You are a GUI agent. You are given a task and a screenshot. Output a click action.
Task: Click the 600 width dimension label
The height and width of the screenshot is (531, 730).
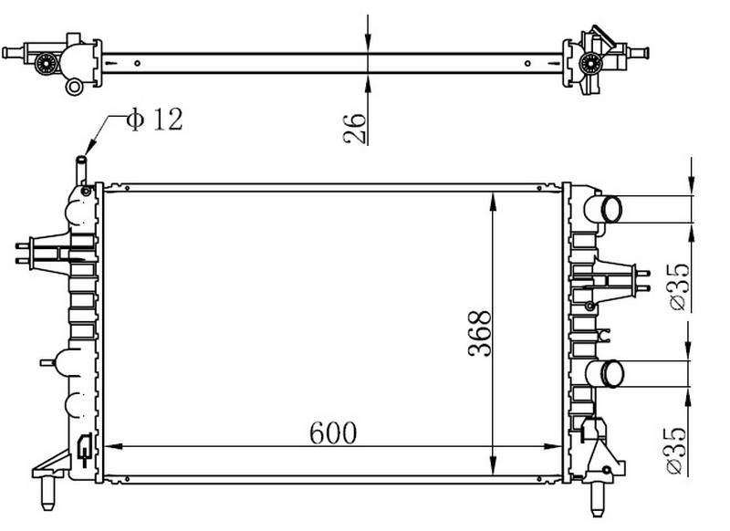[x=333, y=432]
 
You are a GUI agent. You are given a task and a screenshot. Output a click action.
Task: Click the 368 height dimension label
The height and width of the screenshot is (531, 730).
[x=480, y=333]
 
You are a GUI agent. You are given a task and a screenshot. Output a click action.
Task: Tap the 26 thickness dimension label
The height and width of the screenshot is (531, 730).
[x=355, y=128]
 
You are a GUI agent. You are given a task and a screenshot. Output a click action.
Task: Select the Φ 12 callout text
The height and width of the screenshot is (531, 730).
[x=154, y=120]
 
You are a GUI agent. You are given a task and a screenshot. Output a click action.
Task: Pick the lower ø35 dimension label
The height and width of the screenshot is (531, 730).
[x=676, y=451]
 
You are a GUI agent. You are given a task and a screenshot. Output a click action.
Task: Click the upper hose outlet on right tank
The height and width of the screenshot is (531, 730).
[x=603, y=210]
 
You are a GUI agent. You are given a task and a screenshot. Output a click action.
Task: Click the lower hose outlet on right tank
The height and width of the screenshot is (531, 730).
[x=605, y=373]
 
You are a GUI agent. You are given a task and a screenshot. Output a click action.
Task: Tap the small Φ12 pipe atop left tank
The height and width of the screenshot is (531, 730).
[x=81, y=171]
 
